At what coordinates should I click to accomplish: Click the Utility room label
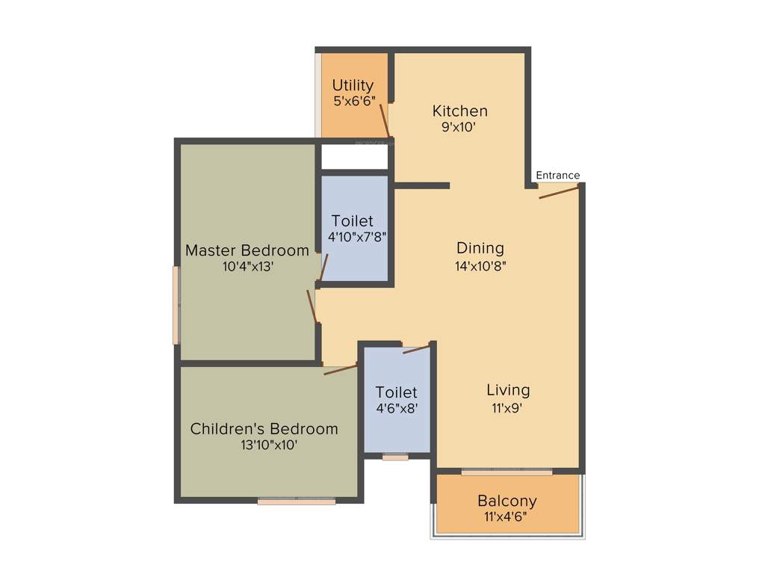(353, 85)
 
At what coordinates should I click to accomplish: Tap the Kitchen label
(460, 111)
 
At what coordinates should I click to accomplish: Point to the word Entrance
(557, 176)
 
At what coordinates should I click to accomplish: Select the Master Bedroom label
(247, 250)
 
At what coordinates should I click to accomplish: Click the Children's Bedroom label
(264, 429)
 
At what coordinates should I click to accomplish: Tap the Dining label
(480, 248)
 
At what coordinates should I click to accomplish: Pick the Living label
(508, 390)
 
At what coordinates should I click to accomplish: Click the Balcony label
(507, 501)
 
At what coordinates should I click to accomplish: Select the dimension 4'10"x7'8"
(356, 237)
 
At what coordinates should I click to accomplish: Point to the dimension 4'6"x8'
(397, 409)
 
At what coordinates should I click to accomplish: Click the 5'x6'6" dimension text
(353, 100)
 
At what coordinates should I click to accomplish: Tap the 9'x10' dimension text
(459, 127)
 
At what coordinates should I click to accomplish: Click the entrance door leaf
(559, 192)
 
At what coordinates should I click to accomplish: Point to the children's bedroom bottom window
(297, 502)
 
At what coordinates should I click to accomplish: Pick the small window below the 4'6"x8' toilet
(395, 457)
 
